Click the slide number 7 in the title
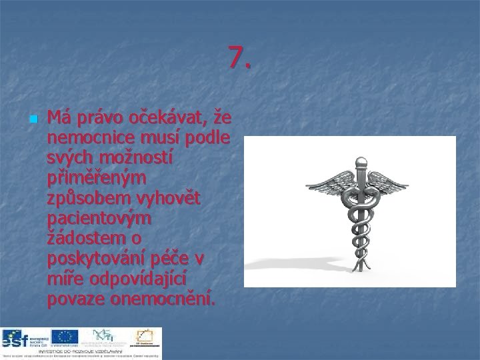coord(239,58)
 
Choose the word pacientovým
coord(100,219)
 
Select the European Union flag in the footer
coord(65,337)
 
